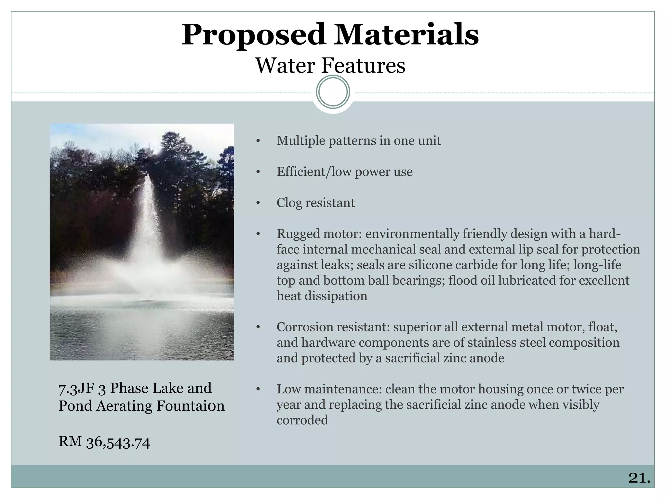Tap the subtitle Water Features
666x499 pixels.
pos(330,66)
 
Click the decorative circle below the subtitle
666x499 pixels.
pos(333,92)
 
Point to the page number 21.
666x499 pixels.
pos(639,478)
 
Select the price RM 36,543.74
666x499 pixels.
pos(104,442)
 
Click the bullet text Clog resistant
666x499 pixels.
pos(315,203)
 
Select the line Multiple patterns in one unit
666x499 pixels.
pos(358,141)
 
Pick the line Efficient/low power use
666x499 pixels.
pos(344,172)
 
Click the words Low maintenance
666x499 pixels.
pos(329,389)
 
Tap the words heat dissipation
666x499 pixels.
pos(322,296)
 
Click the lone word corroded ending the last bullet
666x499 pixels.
pos(302,420)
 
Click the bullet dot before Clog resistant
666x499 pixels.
pos(258,203)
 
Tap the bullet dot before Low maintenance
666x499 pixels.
pos(258,389)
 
